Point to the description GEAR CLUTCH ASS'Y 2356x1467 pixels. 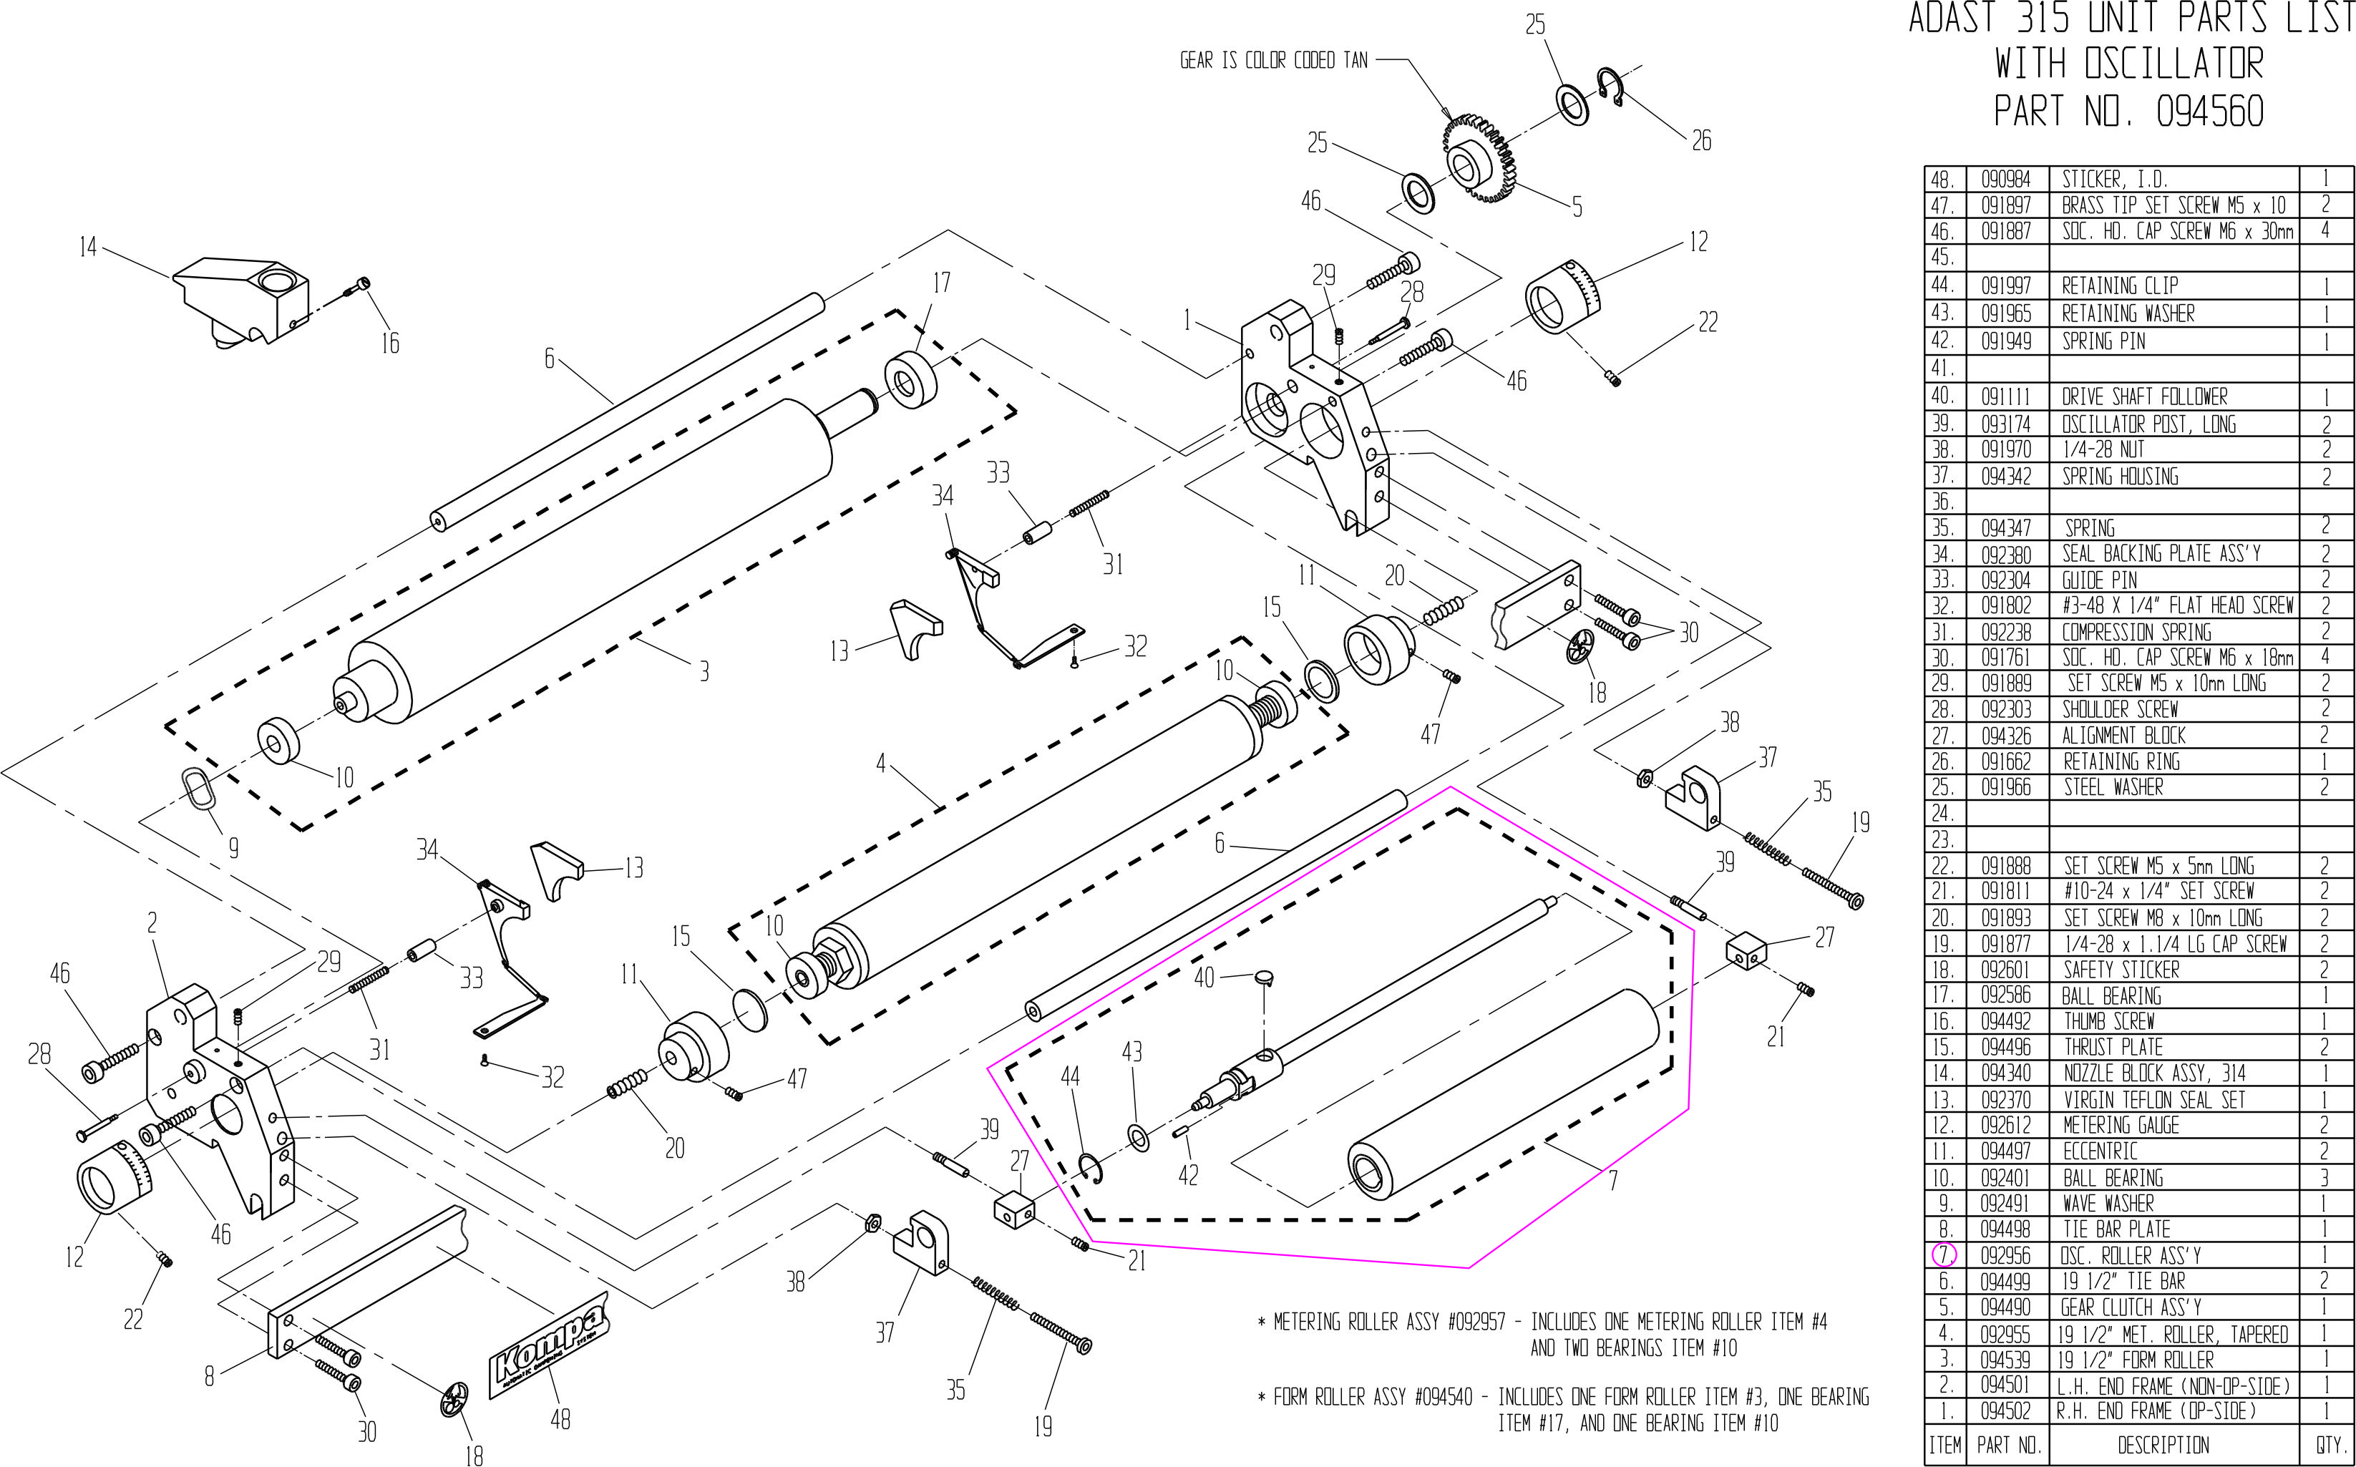(2131, 1307)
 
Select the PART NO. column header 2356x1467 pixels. (2007, 1445)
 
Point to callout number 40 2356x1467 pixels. (1204, 976)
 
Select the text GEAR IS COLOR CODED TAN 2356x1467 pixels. (1273, 60)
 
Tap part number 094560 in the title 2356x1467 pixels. (2209, 112)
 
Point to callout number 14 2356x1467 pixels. (88, 248)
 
